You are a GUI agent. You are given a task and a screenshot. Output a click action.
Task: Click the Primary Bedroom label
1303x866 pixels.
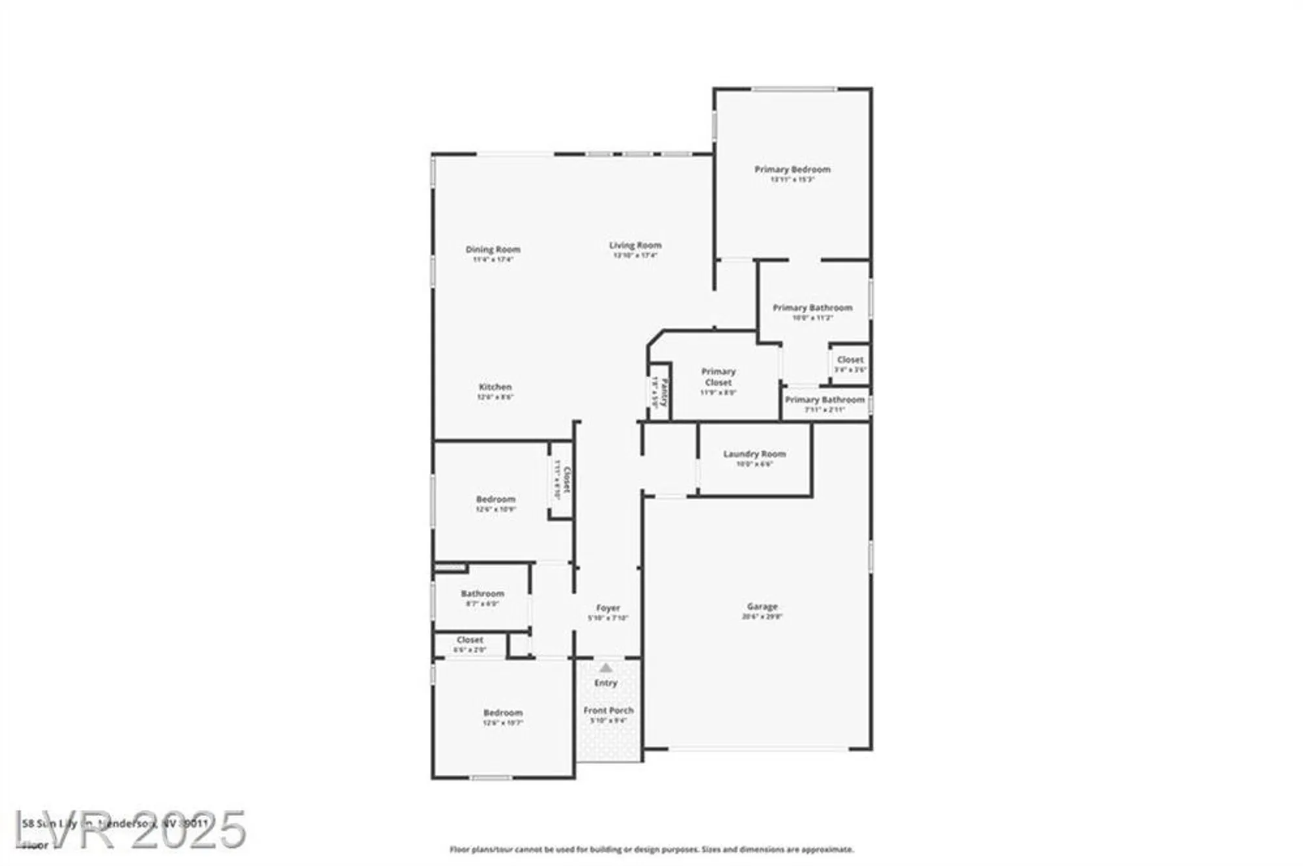(x=792, y=169)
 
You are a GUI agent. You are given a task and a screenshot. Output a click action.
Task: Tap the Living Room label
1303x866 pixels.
(x=635, y=245)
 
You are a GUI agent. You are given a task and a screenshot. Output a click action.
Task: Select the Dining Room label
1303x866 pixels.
(x=493, y=249)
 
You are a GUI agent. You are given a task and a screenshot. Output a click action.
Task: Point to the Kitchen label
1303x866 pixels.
(x=495, y=387)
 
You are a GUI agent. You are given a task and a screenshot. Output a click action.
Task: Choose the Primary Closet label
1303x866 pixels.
(x=718, y=377)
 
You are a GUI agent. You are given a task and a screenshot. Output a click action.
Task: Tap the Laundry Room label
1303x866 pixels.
(x=754, y=454)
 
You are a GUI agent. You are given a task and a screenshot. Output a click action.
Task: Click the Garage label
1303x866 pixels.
(x=762, y=606)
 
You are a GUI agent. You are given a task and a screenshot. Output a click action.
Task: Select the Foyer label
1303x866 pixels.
(x=608, y=608)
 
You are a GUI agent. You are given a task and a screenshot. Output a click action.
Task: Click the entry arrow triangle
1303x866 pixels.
(x=606, y=667)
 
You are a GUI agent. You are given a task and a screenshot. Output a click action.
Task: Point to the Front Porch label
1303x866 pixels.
(x=608, y=710)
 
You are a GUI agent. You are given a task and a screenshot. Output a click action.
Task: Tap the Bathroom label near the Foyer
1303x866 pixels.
(x=482, y=594)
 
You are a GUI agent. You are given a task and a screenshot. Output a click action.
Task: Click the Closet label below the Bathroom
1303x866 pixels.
(x=470, y=640)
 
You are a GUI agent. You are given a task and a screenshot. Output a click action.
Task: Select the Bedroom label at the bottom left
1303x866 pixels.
(x=503, y=713)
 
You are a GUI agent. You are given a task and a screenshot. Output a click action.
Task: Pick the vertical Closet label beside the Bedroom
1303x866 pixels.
(x=567, y=480)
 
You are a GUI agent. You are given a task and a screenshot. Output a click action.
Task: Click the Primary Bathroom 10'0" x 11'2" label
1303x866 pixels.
(x=812, y=308)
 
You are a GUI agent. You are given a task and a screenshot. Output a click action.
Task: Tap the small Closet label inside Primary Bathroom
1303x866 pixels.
(x=850, y=359)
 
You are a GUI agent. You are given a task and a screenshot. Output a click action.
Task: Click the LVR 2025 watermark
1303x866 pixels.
(x=130, y=830)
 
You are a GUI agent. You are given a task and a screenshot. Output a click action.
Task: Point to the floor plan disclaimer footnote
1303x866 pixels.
(x=651, y=849)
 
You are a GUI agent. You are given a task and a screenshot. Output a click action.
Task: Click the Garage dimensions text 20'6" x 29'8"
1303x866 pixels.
(x=762, y=616)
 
